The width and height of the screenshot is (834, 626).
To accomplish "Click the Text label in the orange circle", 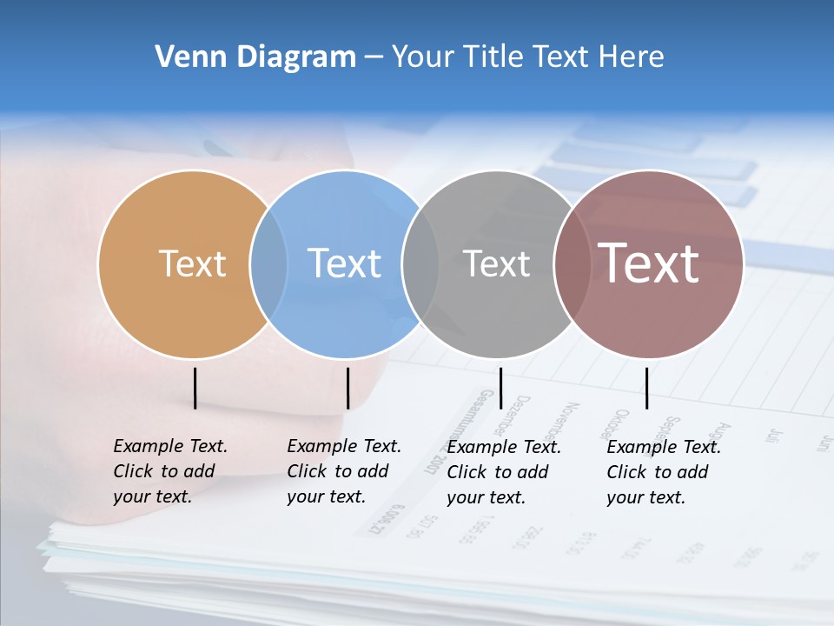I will click(192, 263).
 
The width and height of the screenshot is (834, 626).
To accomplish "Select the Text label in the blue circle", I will click(344, 263).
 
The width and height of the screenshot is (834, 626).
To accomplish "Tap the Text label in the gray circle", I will click(496, 263).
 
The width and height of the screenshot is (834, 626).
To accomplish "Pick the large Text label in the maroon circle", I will click(648, 263).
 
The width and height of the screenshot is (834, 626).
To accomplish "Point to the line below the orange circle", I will click(195, 388).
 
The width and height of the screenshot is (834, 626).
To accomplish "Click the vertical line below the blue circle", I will click(347, 388).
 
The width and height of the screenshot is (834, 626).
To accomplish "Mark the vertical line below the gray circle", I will click(500, 388).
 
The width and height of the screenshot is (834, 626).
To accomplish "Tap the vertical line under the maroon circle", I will click(646, 388).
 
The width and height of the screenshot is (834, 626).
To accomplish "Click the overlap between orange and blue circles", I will click(268, 263).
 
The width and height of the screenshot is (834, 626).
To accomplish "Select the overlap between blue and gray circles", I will click(420, 263).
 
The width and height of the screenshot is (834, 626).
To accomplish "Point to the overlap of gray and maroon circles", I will click(572, 263).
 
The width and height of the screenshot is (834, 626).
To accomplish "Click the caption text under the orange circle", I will click(170, 471).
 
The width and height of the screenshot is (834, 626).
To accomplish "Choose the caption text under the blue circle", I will click(344, 471).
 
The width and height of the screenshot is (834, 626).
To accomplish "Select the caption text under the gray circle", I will click(504, 472).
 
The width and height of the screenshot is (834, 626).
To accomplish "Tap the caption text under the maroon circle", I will click(664, 472).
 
